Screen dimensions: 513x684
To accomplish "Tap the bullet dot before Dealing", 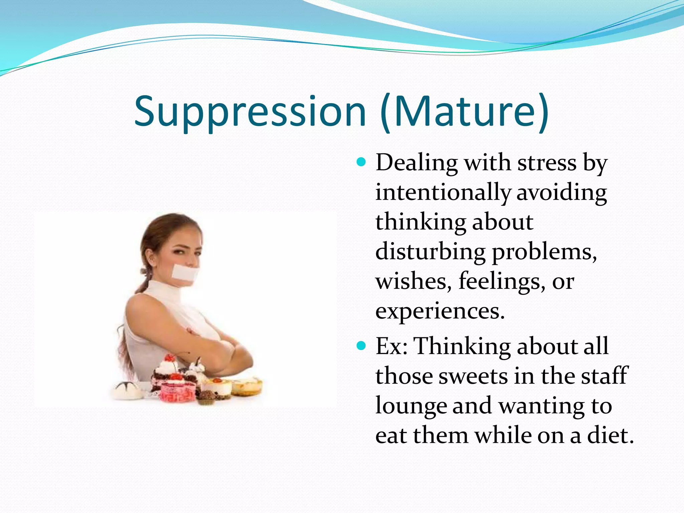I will [361, 163].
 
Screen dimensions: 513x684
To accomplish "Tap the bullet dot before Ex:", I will [361, 345].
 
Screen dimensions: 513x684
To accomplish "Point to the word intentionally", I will [443, 193].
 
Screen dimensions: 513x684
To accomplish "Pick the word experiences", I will [440, 311].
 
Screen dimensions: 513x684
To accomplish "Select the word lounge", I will [411, 406].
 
